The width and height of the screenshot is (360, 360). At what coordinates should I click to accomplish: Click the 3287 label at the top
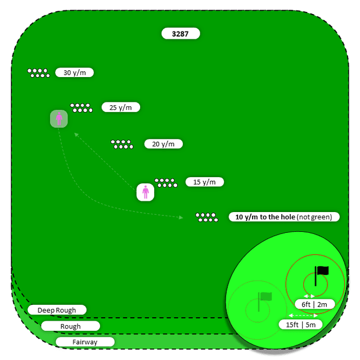click(181, 34)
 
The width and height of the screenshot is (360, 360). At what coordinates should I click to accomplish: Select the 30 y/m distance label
click(74, 73)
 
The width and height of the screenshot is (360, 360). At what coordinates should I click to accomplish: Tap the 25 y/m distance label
click(120, 107)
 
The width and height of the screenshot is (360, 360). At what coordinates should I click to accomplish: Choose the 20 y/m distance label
click(163, 144)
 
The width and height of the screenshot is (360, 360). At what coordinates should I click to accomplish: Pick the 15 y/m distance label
click(205, 182)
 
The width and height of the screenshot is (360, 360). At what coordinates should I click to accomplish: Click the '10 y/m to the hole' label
click(283, 217)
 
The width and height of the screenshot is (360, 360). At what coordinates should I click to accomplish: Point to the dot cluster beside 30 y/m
click(38, 73)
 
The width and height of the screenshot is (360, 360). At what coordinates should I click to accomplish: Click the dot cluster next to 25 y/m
click(81, 107)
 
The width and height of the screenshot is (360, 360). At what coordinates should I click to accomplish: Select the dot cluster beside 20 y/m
click(122, 144)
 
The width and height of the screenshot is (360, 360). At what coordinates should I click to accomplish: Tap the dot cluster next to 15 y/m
click(165, 182)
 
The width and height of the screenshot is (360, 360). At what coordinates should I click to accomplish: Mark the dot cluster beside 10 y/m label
click(206, 217)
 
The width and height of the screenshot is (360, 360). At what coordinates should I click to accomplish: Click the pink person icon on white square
click(146, 192)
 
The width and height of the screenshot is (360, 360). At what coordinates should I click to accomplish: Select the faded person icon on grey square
click(58, 119)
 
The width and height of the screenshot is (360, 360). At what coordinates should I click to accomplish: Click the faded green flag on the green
click(264, 298)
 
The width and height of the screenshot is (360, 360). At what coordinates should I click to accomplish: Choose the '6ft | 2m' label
click(314, 304)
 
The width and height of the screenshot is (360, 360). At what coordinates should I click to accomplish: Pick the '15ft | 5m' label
click(300, 325)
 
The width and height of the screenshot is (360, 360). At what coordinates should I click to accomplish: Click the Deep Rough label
click(57, 310)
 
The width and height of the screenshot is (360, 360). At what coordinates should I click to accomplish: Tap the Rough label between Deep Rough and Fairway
click(70, 326)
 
